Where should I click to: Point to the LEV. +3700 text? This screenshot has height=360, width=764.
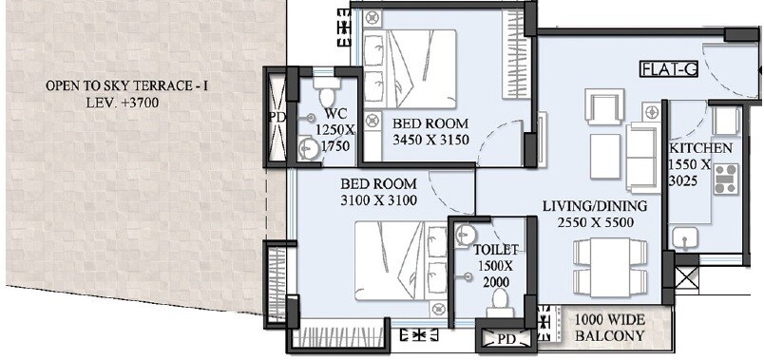(109, 103)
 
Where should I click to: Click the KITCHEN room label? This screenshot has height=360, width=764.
(700, 148)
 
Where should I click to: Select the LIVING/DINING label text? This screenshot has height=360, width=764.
(595, 206)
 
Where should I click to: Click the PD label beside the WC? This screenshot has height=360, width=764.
(277, 118)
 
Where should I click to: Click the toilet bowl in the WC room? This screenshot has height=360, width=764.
(328, 94)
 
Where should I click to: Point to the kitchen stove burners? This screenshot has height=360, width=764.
(726, 179)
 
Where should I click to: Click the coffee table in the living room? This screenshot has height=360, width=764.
(605, 156)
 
